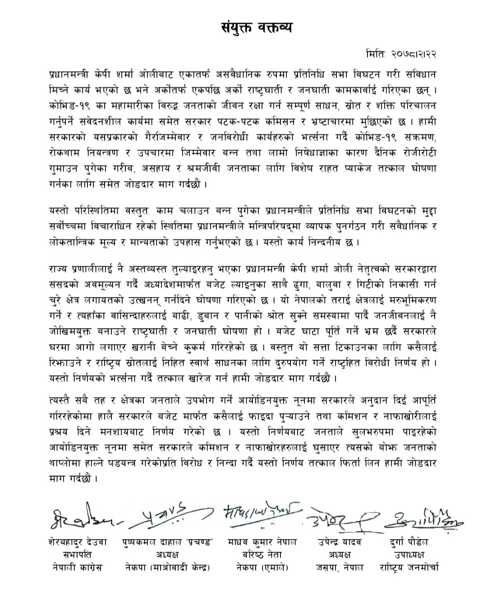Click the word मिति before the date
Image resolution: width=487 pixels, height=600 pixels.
pos(375,55)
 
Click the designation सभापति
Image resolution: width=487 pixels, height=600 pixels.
pos(77,555)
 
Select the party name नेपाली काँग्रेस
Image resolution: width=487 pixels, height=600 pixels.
pos(77,568)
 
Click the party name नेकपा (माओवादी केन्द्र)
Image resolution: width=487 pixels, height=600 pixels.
pos(168,568)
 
